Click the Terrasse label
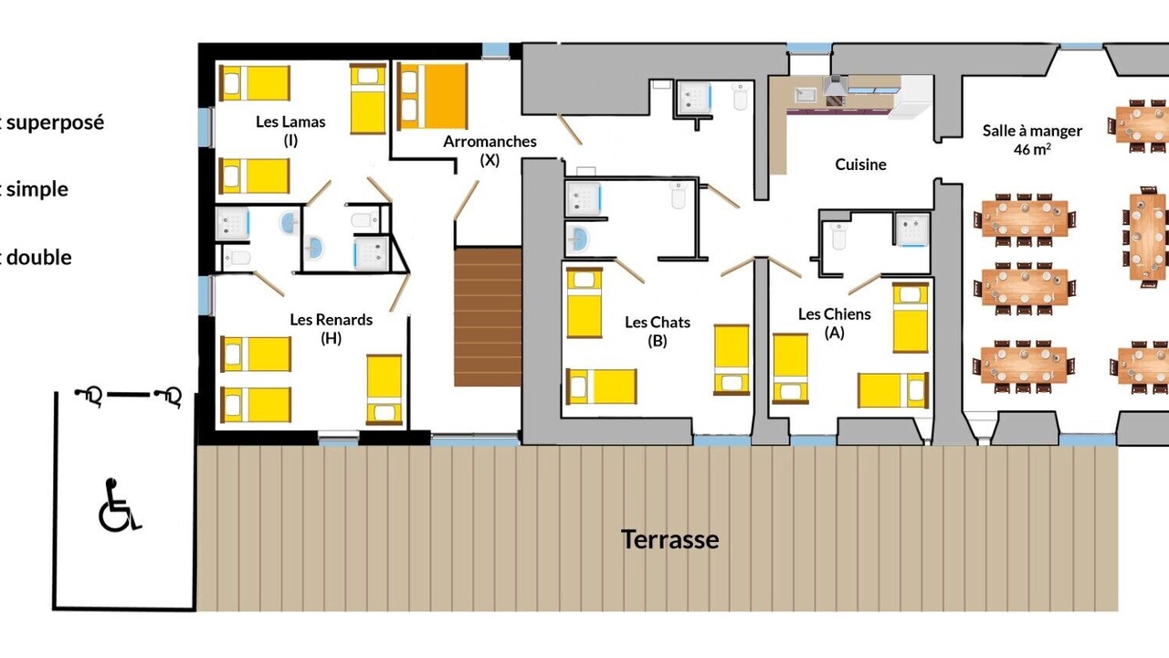point(669,539)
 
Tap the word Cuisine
point(860,164)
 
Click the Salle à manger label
point(1032,131)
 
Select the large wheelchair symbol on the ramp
point(120,505)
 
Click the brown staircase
point(488,317)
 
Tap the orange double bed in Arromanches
point(432,96)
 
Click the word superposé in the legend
point(56,123)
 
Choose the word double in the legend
point(39,258)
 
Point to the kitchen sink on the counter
point(806,95)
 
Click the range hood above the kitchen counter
point(836,85)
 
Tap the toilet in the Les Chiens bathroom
point(838,236)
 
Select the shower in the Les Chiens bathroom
point(912,229)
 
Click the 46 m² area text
point(1032,149)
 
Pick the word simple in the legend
point(37,189)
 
